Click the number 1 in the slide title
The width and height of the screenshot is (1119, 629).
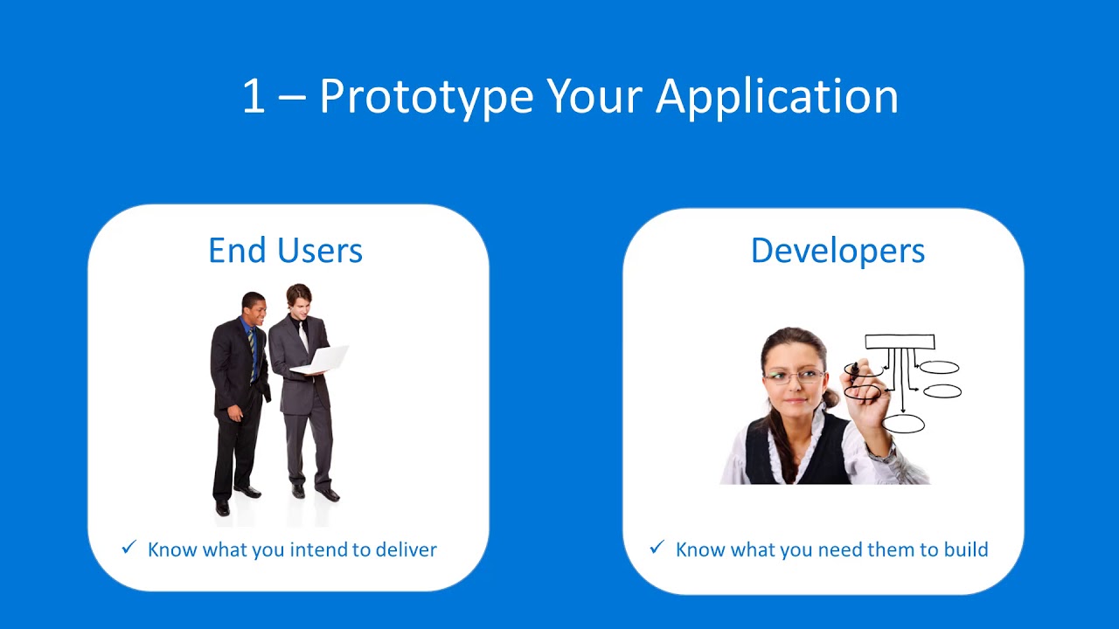[x=253, y=96]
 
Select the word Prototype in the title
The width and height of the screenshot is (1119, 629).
[x=426, y=96]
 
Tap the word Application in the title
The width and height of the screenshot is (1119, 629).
[x=777, y=96]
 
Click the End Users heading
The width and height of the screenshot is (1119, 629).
[x=285, y=251]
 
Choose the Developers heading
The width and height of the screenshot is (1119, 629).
[x=838, y=251]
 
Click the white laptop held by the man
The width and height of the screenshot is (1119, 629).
[x=322, y=359]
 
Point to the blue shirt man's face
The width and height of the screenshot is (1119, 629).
[x=254, y=309]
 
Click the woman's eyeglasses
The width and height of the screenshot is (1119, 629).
[x=793, y=377]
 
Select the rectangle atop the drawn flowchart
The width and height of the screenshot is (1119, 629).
[x=900, y=342]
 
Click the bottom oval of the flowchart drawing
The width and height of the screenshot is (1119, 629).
[x=903, y=425]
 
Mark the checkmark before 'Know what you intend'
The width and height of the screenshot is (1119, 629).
[x=129, y=548]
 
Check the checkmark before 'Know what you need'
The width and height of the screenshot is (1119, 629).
[x=657, y=548]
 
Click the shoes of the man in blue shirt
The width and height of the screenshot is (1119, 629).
[x=236, y=498]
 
